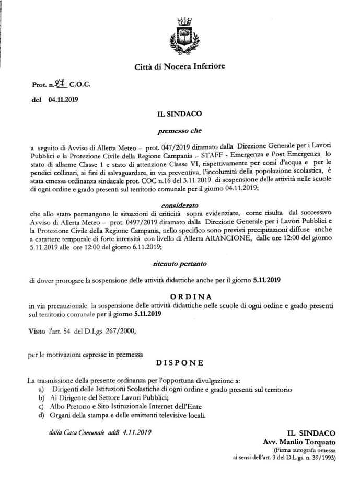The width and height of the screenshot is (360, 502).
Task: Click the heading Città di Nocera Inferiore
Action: click(x=180, y=66)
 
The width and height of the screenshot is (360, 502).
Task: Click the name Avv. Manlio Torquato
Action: click(x=299, y=441)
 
